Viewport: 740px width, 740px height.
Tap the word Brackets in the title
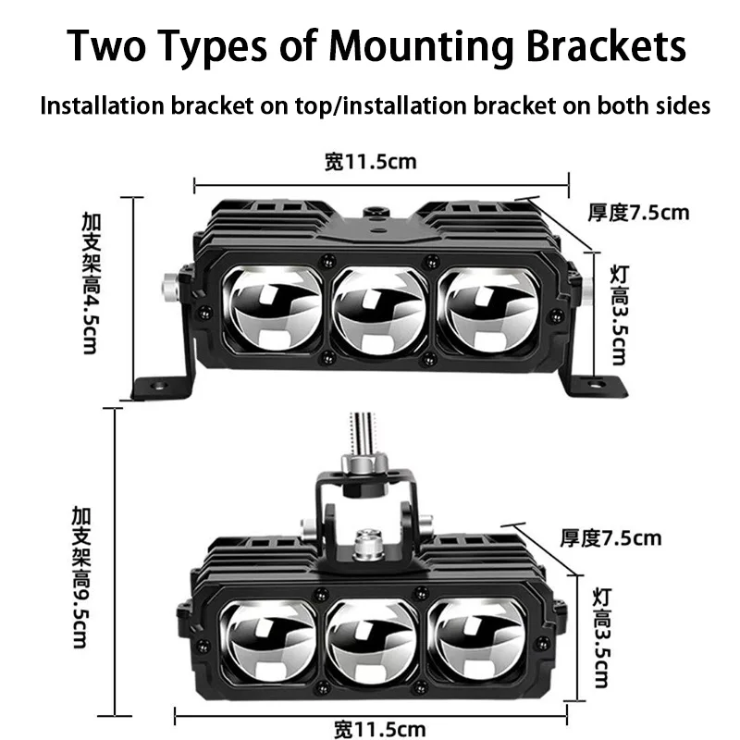606,45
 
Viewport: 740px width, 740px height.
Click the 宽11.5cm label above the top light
371,162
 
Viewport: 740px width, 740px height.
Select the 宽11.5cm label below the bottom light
380,729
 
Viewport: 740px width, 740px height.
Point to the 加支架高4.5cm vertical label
91,283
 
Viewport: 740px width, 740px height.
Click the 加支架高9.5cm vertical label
80,577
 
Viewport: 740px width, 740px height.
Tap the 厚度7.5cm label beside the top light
638,213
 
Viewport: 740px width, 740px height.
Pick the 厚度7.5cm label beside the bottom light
610,538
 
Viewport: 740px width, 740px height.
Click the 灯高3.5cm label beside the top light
619,315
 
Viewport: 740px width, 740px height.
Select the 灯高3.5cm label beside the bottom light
602,638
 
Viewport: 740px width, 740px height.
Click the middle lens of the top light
379,310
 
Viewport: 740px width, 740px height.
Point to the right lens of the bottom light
476,640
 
